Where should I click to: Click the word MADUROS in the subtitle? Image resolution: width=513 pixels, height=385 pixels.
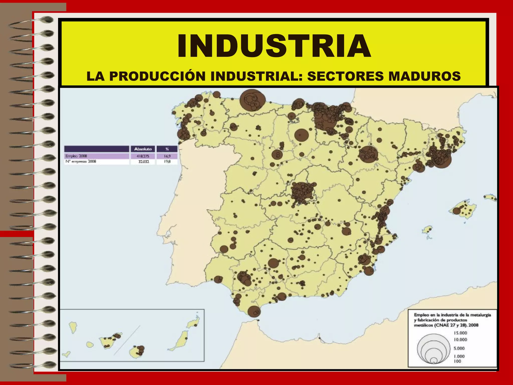point(424,76)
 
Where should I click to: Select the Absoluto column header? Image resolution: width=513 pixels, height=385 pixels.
point(143,149)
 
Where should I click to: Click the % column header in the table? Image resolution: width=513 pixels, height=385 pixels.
point(167,149)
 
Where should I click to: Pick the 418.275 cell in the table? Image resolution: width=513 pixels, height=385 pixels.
point(143,156)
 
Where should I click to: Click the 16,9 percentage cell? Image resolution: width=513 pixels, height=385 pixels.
point(167,156)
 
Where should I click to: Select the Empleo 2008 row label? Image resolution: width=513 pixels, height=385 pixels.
point(76,156)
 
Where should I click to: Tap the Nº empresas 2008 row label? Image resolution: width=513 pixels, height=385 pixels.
point(81,162)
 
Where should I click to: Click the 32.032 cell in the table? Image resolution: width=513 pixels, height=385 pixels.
point(144,162)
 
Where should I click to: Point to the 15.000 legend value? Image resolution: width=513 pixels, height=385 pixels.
point(460,333)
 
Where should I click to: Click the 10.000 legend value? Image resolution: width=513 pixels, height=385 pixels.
point(460,340)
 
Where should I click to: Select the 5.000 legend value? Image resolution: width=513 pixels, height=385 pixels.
point(459,348)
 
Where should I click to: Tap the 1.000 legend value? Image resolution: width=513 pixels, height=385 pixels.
point(459,356)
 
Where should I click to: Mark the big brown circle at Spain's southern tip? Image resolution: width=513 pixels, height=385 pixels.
point(254,312)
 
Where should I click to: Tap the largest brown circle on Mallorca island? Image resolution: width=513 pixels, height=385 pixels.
point(456,211)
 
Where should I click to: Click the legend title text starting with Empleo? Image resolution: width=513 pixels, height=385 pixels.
point(452,320)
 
